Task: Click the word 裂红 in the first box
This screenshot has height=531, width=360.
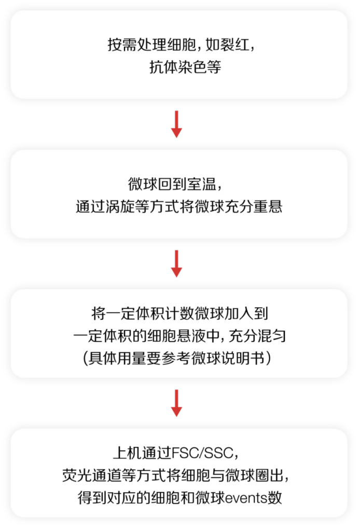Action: click(x=236, y=45)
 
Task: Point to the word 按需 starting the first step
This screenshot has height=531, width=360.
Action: click(x=122, y=45)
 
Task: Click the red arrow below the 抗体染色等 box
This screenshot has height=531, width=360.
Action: click(x=176, y=124)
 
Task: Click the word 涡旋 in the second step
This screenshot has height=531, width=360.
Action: click(x=120, y=206)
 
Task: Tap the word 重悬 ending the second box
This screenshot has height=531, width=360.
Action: click(x=268, y=206)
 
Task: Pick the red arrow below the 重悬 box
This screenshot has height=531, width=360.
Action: click(x=176, y=263)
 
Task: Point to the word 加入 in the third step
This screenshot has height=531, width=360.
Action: click(x=239, y=314)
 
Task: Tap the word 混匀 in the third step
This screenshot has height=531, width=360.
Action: click(x=272, y=336)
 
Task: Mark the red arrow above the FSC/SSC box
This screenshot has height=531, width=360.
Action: click(x=176, y=403)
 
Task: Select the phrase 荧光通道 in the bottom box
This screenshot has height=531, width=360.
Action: click(x=91, y=476)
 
